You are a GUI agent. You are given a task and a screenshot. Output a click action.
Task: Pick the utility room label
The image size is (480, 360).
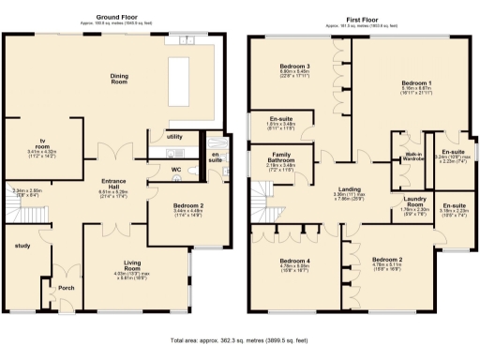[174, 137]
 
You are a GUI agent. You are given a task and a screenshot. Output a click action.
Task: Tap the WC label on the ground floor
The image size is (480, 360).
[175, 170]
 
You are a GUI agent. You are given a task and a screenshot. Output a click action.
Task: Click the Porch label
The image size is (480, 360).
[66, 288]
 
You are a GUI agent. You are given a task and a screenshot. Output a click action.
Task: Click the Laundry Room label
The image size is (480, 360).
[412, 201]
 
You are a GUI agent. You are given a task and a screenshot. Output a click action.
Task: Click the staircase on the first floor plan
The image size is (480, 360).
[264, 202]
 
